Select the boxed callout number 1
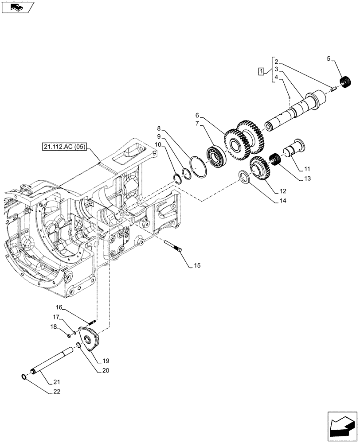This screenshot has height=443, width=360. point(262,71)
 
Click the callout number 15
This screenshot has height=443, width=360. point(197,266)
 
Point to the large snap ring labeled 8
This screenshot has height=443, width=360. point(198,166)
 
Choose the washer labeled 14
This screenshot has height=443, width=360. point(243,176)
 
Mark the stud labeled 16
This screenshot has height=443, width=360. point(93,320)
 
